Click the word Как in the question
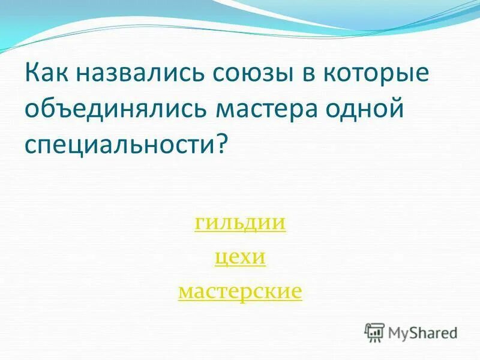pyautogui.click(x=48, y=76)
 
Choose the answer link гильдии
pyautogui.click(x=240, y=223)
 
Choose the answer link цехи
pyautogui.click(x=240, y=257)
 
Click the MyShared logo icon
pyautogui.click(x=374, y=332)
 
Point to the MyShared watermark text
pyautogui.click(x=423, y=332)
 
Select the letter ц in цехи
pyautogui.click(x=219, y=259)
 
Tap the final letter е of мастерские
pyautogui.click(x=296, y=293)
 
